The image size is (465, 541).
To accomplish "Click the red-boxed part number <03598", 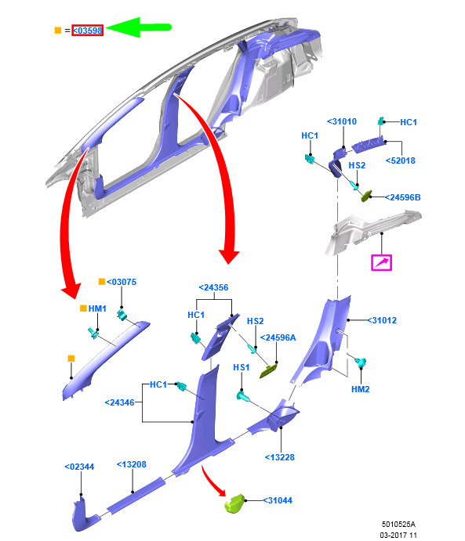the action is (x=87, y=31).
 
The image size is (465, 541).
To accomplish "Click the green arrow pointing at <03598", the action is (x=139, y=27).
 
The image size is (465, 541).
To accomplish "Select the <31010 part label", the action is (x=342, y=121).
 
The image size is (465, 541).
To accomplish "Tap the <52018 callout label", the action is (x=401, y=160).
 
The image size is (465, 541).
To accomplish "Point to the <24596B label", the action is (x=403, y=197).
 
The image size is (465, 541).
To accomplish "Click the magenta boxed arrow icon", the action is (x=381, y=262).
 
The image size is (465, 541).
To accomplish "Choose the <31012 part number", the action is (x=382, y=320).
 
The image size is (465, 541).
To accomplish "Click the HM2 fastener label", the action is (x=361, y=389).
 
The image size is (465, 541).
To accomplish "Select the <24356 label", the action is (x=213, y=287).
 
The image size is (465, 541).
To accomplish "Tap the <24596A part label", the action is (x=278, y=337).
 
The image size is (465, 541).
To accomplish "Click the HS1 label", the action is (x=242, y=367).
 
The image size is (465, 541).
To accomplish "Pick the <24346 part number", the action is (x=119, y=402).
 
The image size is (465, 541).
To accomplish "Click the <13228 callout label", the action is (x=279, y=457).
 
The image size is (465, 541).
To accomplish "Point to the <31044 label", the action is (x=278, y=500).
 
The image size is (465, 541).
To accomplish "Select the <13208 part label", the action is (x=131, y=464).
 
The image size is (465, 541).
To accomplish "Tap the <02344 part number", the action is (x=79, y=467).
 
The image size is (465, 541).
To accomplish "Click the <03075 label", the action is (x=122, y=282).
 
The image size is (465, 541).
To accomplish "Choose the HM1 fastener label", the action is (x=97, y=308).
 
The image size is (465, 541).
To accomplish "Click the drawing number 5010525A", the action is (x=398, y=524).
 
